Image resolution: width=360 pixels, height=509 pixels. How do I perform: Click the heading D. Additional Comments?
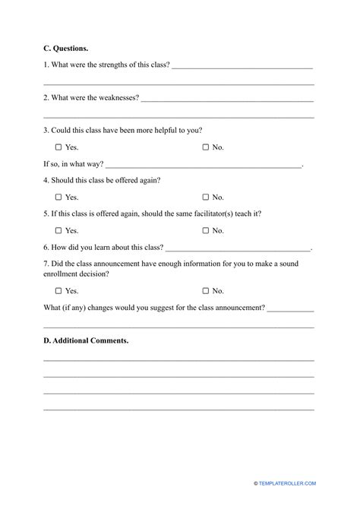tap(86, 341)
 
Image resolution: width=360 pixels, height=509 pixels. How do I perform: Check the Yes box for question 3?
tap(58, 147)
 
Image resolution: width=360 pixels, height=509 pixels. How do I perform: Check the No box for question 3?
tap(205, 147)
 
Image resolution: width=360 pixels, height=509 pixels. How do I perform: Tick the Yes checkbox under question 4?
tap(58, 197)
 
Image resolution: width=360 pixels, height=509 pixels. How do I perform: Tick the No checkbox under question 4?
tap(205, 197)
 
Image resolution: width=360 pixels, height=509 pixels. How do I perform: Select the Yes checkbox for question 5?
tap(58, 230)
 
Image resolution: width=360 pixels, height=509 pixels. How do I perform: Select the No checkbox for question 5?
tap(205, 230)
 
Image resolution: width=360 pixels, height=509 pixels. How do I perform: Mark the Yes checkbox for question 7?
tap(58, 290)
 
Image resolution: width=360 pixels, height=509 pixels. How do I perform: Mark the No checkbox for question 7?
tap(205, 290)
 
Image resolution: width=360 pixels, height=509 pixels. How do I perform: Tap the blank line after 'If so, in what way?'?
tap(204, 164)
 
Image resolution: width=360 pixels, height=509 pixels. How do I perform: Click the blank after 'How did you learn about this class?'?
tap(238, 248)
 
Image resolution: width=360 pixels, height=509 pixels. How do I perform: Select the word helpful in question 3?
tap(168, 131)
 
